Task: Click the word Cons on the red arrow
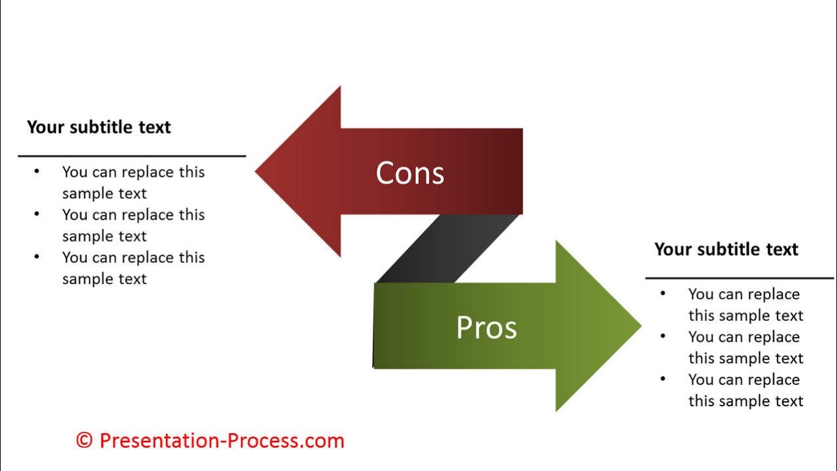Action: (410, 173)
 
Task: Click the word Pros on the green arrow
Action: (487, 327)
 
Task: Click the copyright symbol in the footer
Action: (84, 440)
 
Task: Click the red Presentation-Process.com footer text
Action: (222, 440)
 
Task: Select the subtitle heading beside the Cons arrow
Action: (99, 127)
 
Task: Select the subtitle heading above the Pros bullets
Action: (726, 249)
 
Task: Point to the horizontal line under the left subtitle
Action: (131, 156)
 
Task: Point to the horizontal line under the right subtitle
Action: (739, 278)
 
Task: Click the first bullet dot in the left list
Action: (37, 171)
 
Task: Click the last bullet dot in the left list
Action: (37, 256)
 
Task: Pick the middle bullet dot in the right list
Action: (663, 336)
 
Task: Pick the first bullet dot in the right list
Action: (663, 294)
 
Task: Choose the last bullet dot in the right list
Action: (663, 379)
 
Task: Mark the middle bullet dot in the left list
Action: (37, 214)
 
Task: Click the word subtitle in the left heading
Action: (101, 127)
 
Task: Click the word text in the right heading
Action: (782, 249)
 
